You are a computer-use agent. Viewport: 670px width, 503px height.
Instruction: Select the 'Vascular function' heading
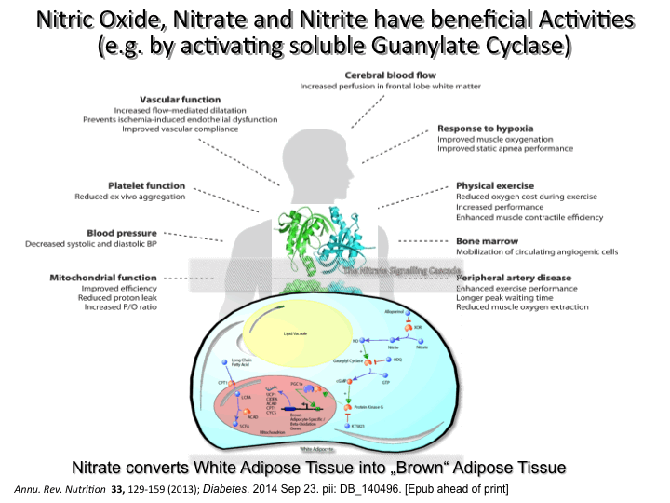[180, 99]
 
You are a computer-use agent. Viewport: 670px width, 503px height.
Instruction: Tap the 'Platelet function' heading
[147, 185]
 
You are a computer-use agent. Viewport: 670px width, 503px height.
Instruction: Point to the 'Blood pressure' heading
[147, 233]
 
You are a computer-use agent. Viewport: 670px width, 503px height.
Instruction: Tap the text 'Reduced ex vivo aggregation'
[130, 197]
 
